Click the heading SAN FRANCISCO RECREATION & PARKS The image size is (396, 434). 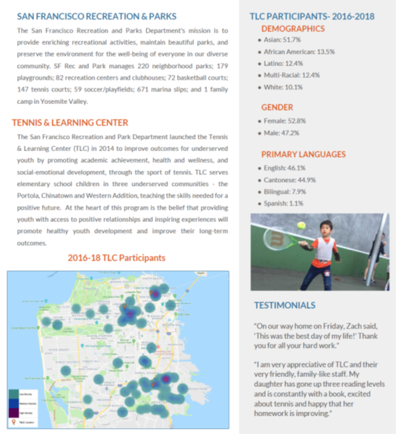click(x=96, y=16)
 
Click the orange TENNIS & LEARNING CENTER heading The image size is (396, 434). click(x=70, y=122)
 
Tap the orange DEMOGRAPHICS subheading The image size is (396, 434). click(x=293, y=28)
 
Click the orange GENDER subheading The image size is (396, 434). click(x=277, y=107)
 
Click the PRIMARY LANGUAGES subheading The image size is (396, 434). click(x=303, y=154)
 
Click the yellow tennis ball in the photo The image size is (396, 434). click(x=301, y=225)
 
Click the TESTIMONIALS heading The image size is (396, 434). click(x=284, y=305)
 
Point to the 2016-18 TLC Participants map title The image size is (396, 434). click(x=117, y=258)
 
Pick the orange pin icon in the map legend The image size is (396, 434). click(x=14, y=422)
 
